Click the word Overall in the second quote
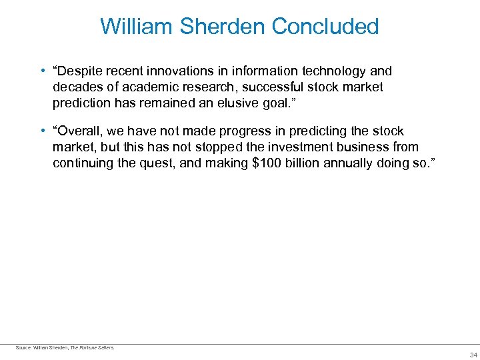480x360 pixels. [81, 131]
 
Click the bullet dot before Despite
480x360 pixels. [42, 71]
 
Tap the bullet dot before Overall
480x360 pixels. [42, 131]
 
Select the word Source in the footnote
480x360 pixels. [23, 347]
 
